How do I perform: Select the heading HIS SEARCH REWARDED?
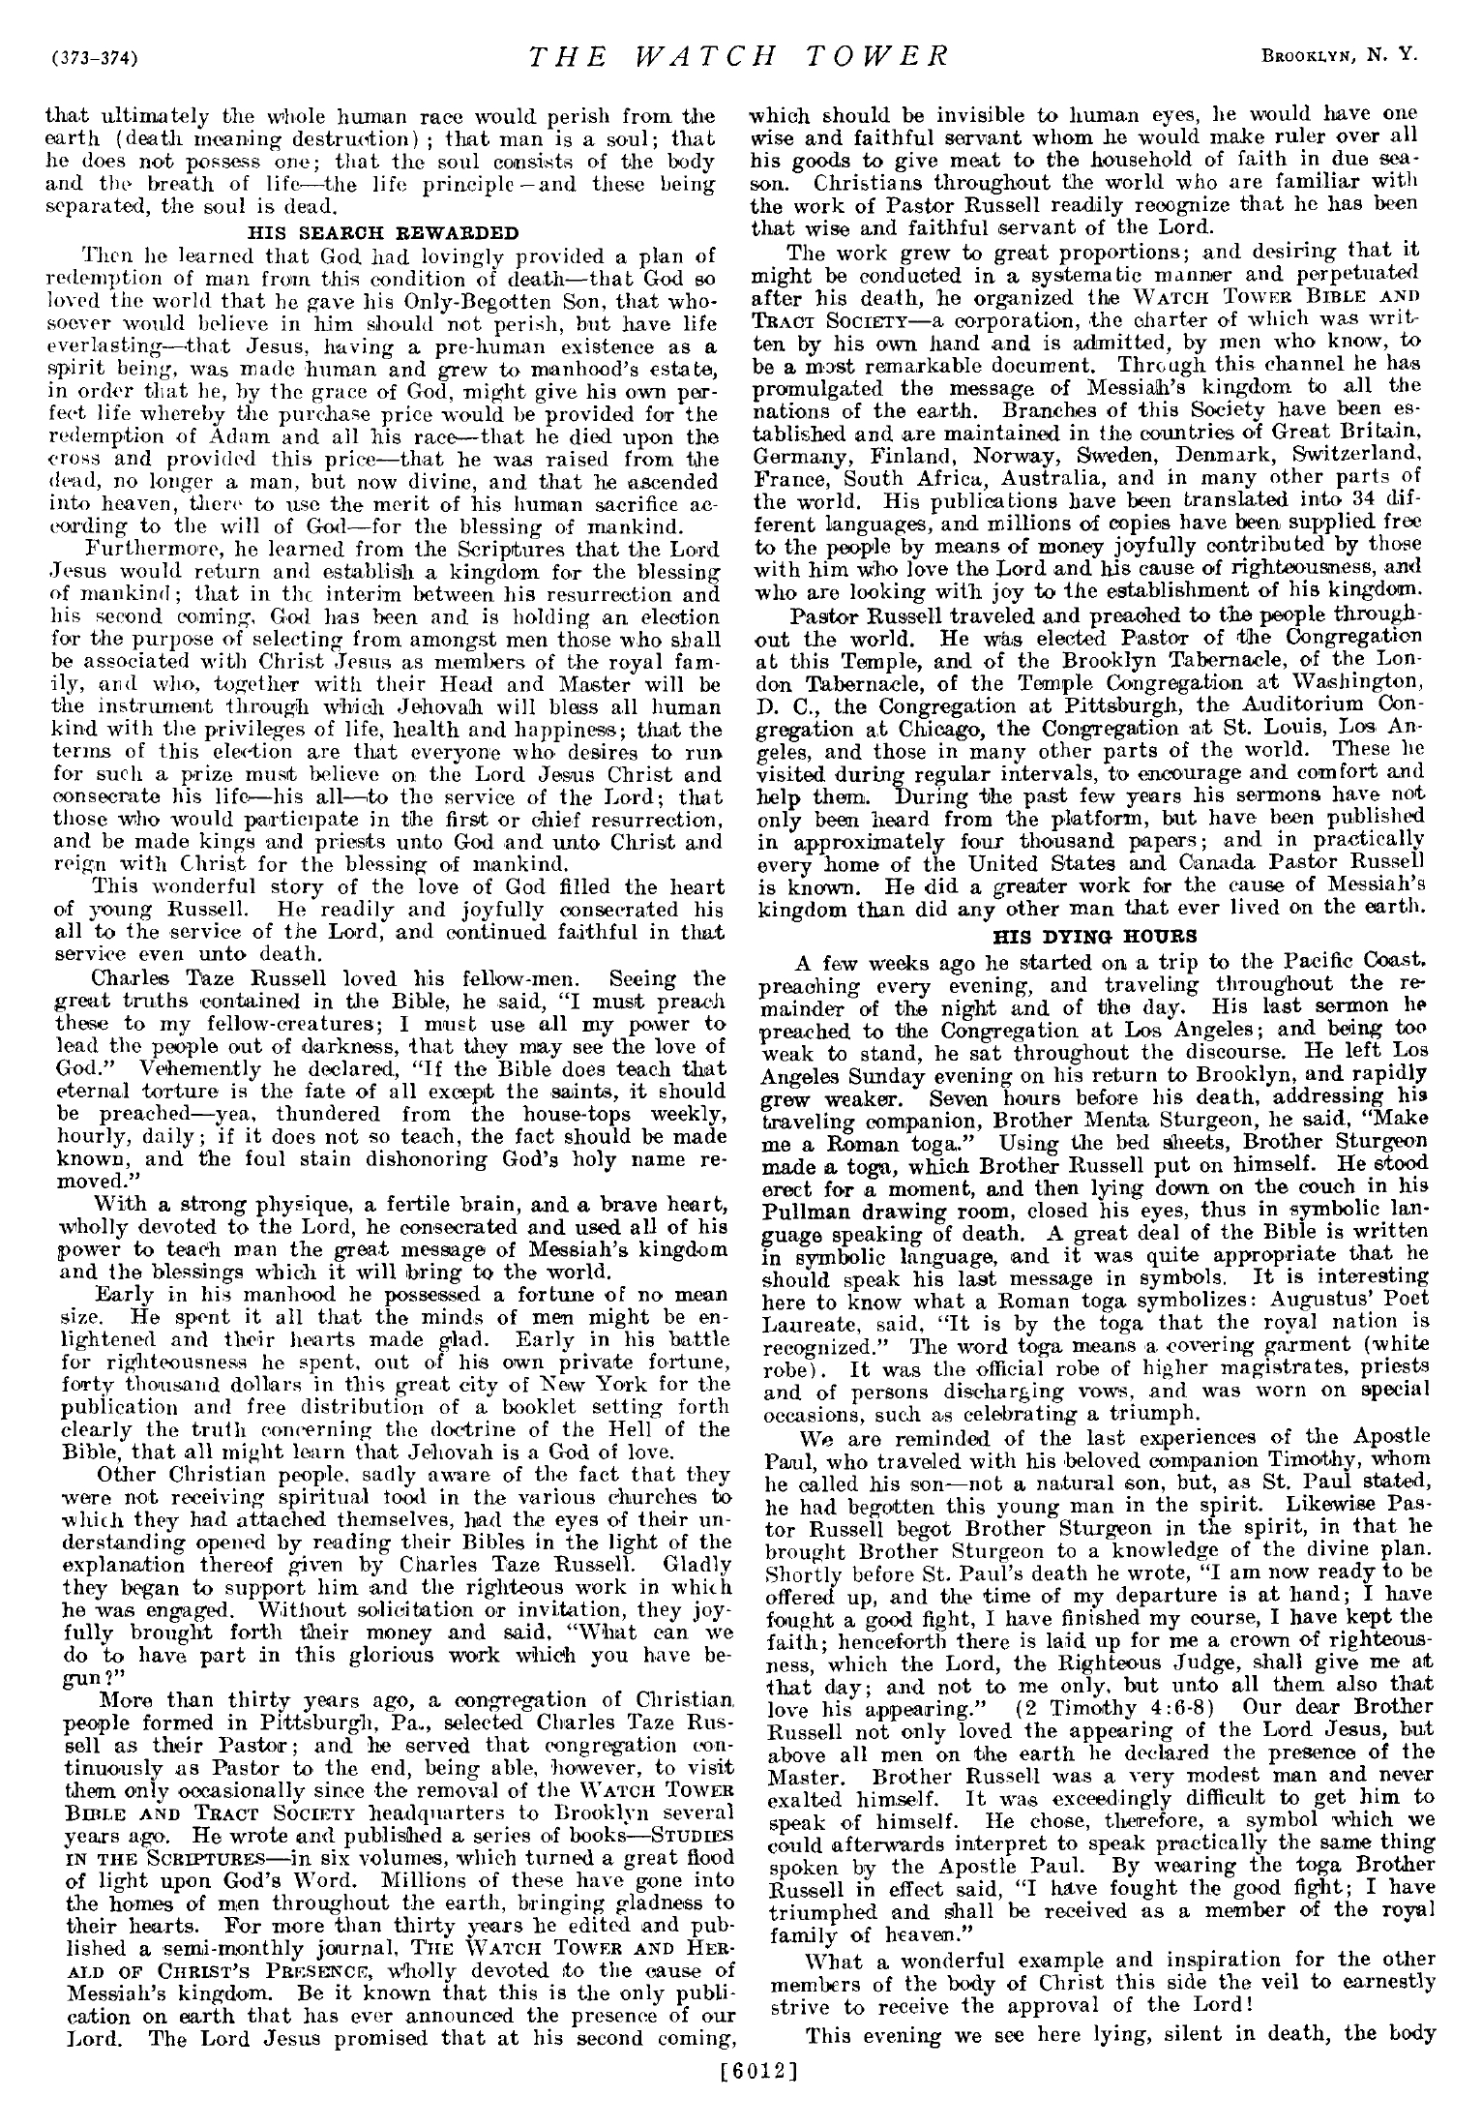click(x=383, y=232)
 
